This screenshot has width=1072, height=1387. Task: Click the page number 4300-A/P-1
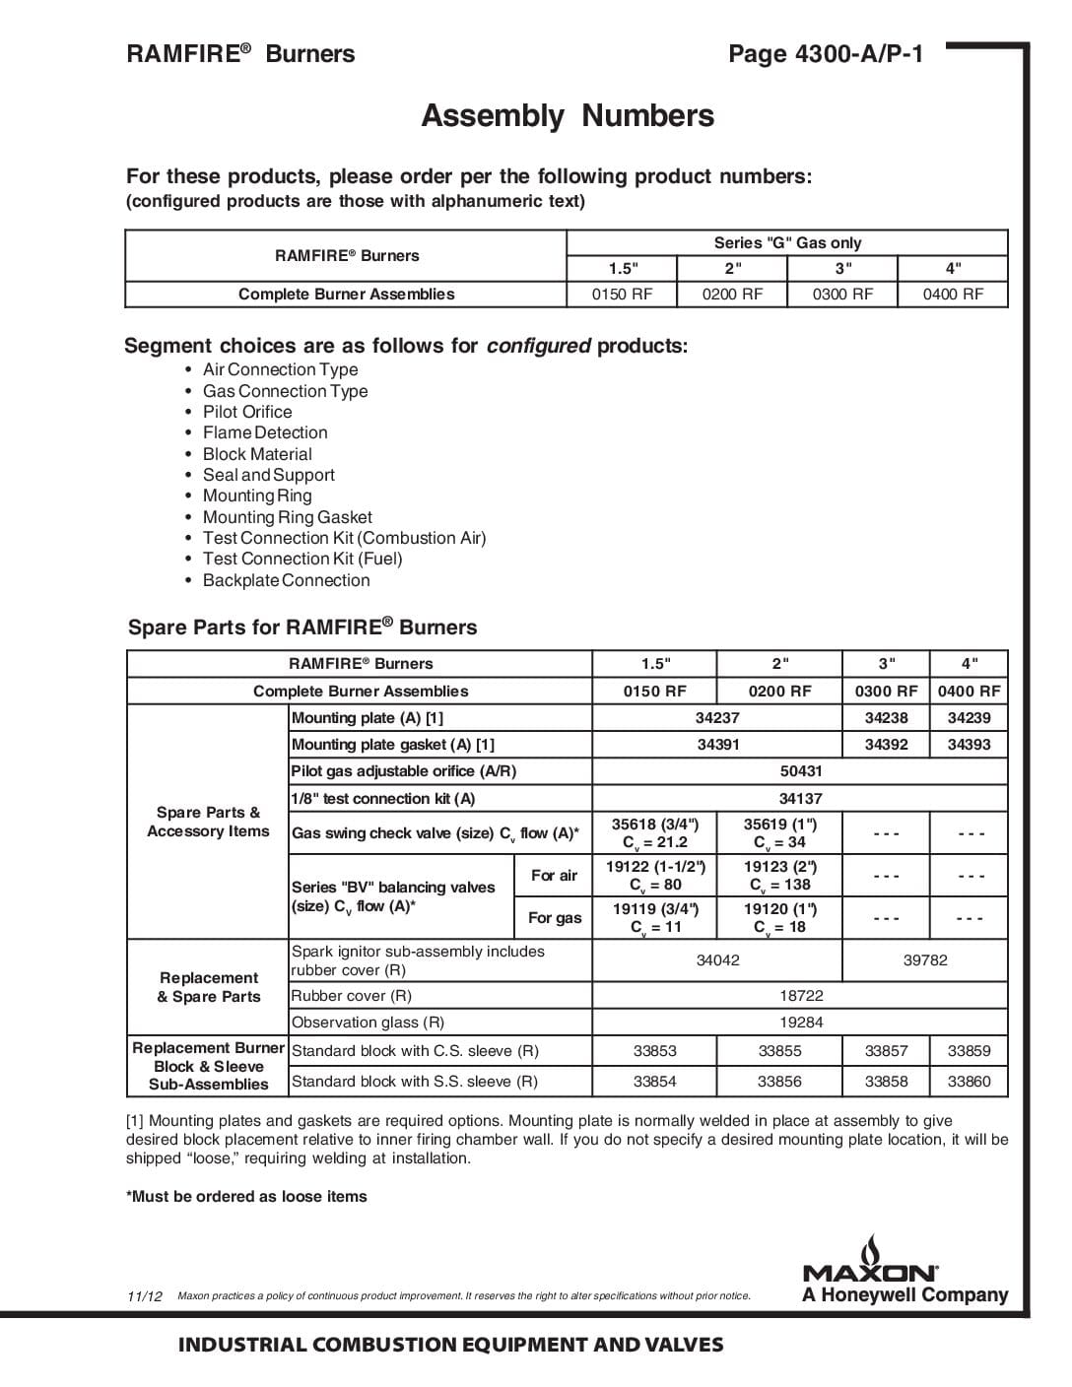[826, 54]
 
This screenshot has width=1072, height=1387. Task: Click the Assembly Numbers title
[568, 116]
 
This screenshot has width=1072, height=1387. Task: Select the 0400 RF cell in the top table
[953, 294]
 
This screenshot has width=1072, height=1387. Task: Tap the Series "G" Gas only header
[787, 242]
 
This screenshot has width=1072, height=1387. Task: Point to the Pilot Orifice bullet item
[247, 412]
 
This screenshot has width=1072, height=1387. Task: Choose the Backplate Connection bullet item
[286, 580]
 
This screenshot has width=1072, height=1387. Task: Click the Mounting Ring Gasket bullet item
[287, 517]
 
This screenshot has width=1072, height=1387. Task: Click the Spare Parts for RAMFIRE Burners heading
[302, 627]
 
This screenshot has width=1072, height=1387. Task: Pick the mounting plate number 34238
[886, 718]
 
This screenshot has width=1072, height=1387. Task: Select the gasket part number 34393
[969, 745]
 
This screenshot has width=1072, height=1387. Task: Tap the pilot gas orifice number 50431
[800, 771]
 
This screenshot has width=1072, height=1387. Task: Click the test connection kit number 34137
[800, 799]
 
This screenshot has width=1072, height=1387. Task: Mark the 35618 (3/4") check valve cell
[654, 833]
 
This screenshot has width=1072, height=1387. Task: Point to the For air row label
[554, 876]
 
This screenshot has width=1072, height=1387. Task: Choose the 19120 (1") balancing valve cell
[779, 918]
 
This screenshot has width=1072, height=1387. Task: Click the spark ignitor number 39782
[925, 960]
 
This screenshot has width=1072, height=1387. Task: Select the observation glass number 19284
[800, 1023]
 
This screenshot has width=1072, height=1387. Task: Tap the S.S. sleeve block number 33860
[969, 1081]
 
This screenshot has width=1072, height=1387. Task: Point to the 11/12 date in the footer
[145, 1296]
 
